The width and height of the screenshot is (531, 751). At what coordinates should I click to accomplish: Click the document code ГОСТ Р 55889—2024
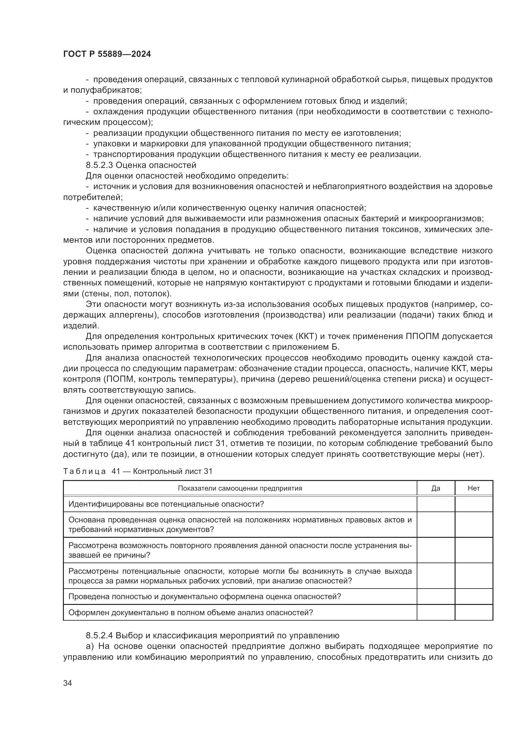(x=107, y=54)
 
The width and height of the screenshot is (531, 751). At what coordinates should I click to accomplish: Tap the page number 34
(x=68, y=683)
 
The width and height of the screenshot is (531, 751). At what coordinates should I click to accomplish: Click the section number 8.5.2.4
(x=100, y=635)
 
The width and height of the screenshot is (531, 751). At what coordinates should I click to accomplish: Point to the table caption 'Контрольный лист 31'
(x=173, y=471)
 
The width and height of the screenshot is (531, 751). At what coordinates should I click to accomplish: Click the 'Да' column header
(x=436, y=488)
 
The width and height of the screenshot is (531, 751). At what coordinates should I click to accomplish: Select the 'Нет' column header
(x=474, y=488)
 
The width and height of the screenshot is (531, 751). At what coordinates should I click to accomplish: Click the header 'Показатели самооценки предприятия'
(x=240, y=488)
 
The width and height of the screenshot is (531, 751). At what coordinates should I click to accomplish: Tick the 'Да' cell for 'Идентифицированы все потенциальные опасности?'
(x=436, y=504)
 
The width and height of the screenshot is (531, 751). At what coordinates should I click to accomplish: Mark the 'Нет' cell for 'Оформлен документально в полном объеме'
(x=474, y=612)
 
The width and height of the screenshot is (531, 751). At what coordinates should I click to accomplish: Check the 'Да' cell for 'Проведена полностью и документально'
(x=436, y=596)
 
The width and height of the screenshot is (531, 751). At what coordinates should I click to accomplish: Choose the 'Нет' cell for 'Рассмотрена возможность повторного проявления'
(x=474, y=550)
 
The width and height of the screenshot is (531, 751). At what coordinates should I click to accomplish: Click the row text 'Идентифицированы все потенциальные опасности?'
(x=166, y=504)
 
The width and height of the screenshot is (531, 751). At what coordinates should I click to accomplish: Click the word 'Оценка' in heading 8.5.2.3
(x=129, y=165)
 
